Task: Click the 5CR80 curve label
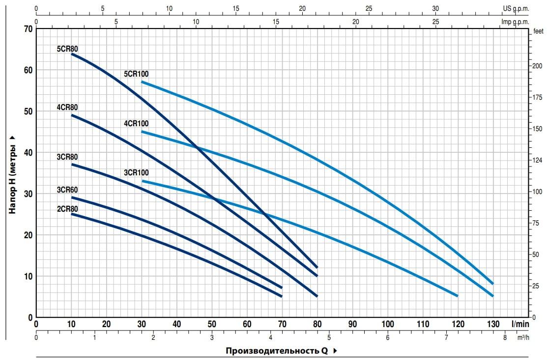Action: click(68, 49)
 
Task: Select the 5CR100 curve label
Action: click(136, 74)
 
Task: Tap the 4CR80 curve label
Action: click(68, 108)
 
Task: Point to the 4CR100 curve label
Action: click(136, 123)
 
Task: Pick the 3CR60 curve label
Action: click(68, 190)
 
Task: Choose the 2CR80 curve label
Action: click(68, 209)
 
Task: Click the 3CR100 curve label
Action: click(136, 173)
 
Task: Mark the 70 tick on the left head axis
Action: click(28, 28)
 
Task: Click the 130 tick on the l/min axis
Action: click(493, 324)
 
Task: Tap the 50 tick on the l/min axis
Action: click(212, 324)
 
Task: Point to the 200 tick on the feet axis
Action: click(538, 66)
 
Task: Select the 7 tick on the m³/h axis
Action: click(446, 338)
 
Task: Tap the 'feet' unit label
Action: click(538, 31)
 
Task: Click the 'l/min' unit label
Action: click(520, 324)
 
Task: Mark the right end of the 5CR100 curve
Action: click(492, 283)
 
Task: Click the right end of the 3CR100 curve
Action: click(458, 296)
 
